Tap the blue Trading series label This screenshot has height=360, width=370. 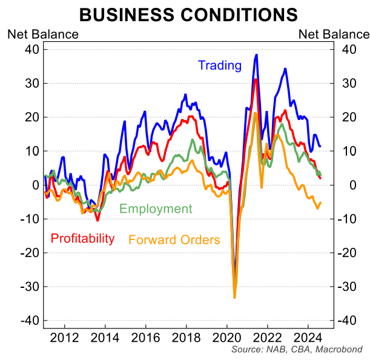219,65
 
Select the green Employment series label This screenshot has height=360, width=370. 156,209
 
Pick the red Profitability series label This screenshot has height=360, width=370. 82,238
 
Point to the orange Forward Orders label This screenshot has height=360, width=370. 174,240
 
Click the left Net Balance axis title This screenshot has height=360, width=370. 42,34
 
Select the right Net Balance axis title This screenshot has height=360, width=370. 334,34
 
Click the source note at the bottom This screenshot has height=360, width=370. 297,350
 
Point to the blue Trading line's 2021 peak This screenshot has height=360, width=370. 257,55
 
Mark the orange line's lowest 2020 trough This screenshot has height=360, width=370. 234,298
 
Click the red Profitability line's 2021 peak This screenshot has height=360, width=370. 256,79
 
